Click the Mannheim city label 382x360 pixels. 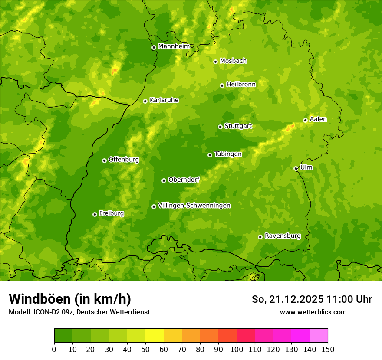pos(174,46)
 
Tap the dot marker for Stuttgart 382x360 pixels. pos(220,127)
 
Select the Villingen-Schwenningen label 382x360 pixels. pos(194,206)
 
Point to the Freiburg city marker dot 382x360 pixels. pos(95,214)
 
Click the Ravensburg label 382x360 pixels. pos(282,236)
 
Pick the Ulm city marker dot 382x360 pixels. pos(296,168)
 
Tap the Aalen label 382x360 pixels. pos(318,119)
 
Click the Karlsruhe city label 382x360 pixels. pos(164,100)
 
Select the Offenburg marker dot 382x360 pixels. pos(104,160)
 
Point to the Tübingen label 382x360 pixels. pos(227,154)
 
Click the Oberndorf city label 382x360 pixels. pos(184,180)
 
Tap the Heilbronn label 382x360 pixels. pos(241,85)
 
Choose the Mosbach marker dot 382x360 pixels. pos(215,62)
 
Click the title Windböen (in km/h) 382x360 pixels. pos(69,299)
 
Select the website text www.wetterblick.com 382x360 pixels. pos(313,312)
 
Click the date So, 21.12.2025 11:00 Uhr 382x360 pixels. pos(312,299)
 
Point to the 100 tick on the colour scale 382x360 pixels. pos(237,349)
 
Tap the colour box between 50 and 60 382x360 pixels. pos(155,336)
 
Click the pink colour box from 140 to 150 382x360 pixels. pos(319,336)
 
